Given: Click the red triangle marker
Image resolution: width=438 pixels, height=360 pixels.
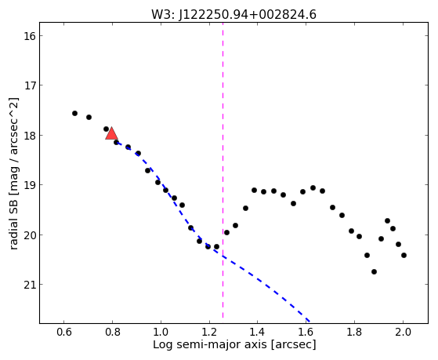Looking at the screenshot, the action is (x=112, y=133).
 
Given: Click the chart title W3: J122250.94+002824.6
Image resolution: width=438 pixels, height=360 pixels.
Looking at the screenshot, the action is (x=233, y=14).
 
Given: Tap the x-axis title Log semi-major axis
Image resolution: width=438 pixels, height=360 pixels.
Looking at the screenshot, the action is (x=210, y=344).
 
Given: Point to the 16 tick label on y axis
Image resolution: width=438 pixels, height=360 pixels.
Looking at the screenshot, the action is (x=29, y=36).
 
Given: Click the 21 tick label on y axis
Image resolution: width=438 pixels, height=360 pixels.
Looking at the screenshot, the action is (x=29, y=285).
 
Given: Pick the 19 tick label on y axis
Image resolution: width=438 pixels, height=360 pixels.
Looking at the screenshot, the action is (x=29, y=185).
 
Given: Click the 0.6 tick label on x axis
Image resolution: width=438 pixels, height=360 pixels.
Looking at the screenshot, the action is (x=64, y=332).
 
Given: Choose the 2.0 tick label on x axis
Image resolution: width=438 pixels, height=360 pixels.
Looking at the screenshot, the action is (x=403, y=332).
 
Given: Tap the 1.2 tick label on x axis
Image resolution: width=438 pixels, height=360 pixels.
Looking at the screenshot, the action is (x=209, y=332).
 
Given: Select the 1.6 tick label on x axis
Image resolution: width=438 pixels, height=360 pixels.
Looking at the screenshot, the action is (x=306, y=332).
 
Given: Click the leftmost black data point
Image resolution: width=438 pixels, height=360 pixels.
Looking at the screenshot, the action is (x=74, y=113).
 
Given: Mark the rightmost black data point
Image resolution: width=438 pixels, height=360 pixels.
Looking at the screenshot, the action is (x=404, y=255).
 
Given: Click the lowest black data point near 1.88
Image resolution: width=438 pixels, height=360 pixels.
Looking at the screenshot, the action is (x=374, y=271).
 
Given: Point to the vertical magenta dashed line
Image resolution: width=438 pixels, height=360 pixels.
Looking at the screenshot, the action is (x=223, y=170).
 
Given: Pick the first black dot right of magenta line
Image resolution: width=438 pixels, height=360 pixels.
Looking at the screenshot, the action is (x=226, y=232).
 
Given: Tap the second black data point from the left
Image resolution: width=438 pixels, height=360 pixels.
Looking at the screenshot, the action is (x=89, y=117).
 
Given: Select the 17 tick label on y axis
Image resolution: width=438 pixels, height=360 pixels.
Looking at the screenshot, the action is (x=29, y=85).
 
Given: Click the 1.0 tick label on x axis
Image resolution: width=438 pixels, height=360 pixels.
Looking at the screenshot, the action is (x=161, y=332).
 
